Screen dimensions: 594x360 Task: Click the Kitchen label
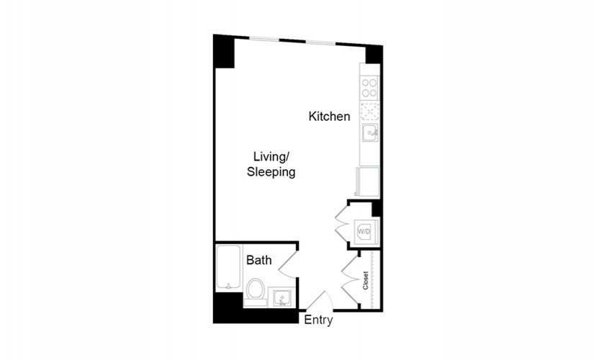tap(329, 116)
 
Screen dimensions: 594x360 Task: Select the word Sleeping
tap(271, 171)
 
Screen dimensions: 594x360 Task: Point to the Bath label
tap(258, 260)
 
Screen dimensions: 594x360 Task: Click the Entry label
tap(318, 320)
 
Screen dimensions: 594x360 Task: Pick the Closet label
tap(366, 280)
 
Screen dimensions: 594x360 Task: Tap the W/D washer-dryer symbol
tap(365, 231)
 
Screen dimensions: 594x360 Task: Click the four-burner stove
tap(369, 88)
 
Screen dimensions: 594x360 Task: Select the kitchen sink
tap(370, 132)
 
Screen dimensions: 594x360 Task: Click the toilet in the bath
tap(255, 292)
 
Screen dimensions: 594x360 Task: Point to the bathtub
tap(228, 269)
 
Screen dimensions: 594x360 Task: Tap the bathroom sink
tap(282, 297)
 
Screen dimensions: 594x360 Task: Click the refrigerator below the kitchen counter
tap(368, 182)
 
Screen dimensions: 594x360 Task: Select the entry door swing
tap(320, 301)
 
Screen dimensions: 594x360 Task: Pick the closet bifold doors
tap(350, 279)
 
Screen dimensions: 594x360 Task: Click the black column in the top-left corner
tap(223, 52)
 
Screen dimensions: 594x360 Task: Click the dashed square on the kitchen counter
tap(369, 111)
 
